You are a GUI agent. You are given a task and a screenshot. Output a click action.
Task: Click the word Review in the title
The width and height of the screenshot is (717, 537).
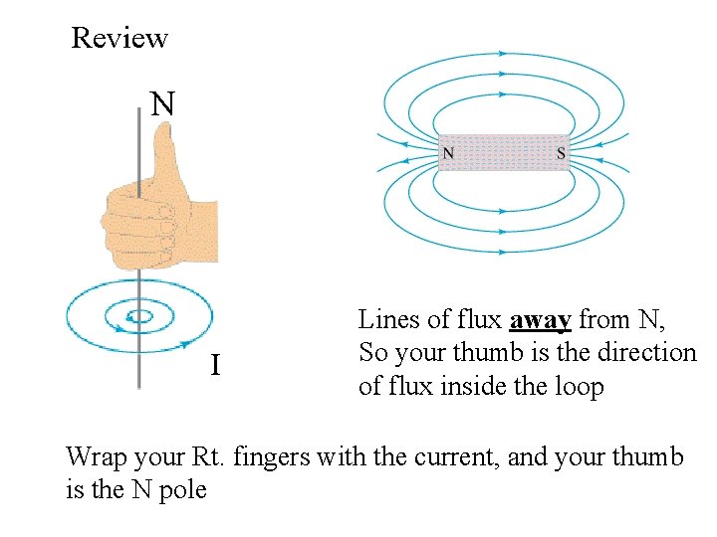point(119,39)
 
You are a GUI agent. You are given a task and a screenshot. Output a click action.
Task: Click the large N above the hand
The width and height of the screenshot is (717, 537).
point(162,103)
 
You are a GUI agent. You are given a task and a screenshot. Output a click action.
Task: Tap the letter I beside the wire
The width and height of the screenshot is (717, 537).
point(215,367)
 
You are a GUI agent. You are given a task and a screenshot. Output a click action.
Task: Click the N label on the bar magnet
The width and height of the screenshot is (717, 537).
point(449,153)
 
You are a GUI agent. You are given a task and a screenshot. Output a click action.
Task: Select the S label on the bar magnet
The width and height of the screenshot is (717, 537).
point(561,153)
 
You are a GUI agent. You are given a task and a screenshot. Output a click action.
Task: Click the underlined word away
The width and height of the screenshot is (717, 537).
point(540,320)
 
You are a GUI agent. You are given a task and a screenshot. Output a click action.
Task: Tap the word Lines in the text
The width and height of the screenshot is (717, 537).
point(384,320)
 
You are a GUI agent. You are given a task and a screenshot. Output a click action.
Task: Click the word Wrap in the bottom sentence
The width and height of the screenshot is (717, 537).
point(94,457)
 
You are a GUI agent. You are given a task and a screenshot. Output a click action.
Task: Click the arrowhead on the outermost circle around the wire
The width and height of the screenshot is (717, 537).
point(186,344)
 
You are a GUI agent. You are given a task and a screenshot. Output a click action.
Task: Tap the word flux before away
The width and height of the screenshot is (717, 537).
point(478,320)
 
